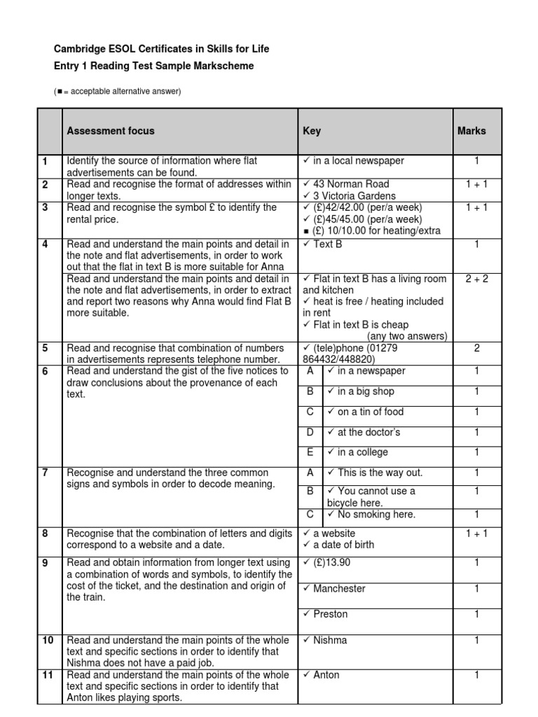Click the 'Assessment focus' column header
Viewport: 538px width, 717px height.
tap(110, 131)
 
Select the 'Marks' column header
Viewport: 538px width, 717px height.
tap(471, 131)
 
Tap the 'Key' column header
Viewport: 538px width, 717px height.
tap(312, 131)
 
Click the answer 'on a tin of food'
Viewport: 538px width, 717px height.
tap(370, 412)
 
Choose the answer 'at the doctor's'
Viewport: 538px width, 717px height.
tap(368, 432)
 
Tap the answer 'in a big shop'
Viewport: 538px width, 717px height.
tap(366, 391)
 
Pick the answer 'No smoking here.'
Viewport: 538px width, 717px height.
tap(376, 515)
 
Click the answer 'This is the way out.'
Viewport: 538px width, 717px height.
tap(380, 473)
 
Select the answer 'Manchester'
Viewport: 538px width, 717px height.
tap(338, 589)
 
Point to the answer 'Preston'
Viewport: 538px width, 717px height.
tap(330, 614)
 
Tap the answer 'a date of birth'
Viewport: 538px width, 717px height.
tap(343, 545)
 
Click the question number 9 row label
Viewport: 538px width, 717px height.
tap(46, 563)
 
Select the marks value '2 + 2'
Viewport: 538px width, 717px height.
tap(476, 279)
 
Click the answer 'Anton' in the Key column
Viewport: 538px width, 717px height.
tap(326, 675)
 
